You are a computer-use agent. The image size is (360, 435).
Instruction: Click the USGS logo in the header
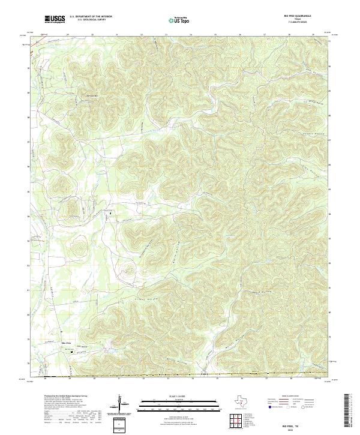coord(56,19)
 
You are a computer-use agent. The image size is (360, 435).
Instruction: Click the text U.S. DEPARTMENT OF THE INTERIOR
coord(91,17)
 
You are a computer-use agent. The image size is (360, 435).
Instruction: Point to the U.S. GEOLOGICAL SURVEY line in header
coord(91,20)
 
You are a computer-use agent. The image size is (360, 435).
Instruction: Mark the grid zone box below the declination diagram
coord(119,425)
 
